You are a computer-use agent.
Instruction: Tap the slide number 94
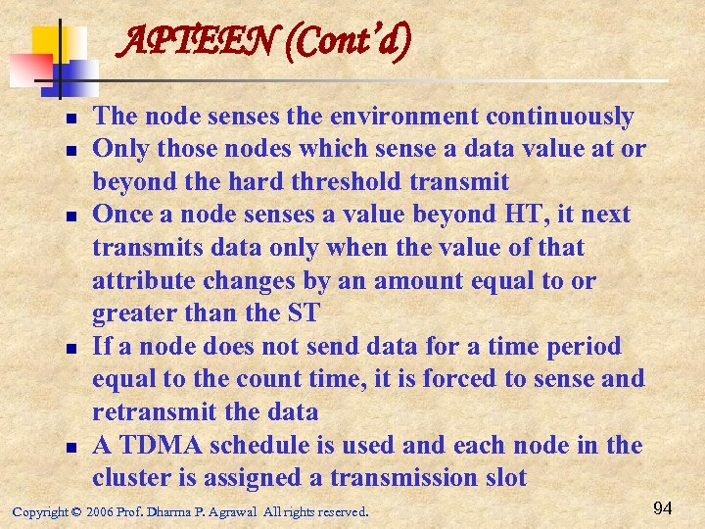[662, 507]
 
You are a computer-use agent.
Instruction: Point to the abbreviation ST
[304, 313]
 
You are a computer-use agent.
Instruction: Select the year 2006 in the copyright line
[100, 511]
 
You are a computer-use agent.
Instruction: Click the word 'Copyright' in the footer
[40, 511]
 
